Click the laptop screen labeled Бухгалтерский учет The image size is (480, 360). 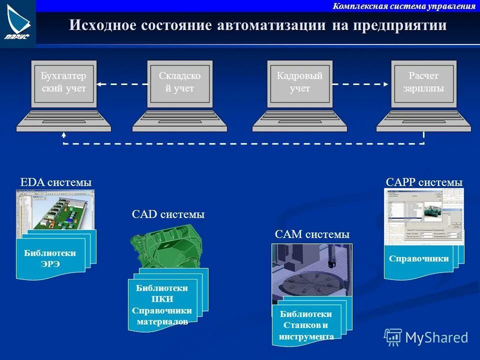tap(63, 83)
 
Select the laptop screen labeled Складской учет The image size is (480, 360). tap(179, 83)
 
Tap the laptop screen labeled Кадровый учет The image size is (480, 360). tap(299, 83)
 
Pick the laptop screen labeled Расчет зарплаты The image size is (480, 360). tap(423, 83)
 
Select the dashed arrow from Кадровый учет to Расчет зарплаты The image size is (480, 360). tap(360, 84)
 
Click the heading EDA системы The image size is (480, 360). tap(55, 182)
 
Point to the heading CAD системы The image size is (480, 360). tap(168, 214)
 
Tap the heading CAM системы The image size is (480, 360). tap(312, 234)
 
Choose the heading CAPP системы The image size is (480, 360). tap(424, 182)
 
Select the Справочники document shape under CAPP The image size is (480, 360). tap(418, 259)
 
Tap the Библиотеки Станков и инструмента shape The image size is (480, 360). tap(306, 325)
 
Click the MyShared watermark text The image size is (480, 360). tap(436, 337)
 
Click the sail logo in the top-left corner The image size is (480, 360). tap(17, 22)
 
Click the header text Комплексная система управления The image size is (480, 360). tap(403, 6)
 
